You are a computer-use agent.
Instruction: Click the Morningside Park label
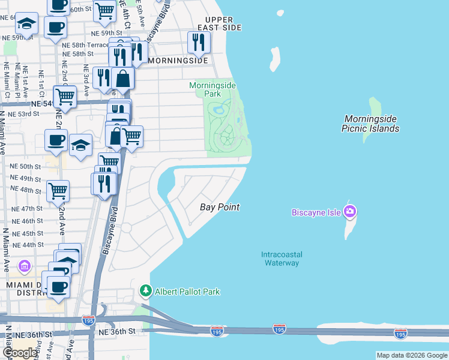tap(212, 90)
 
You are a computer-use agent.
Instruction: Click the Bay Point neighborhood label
tap(220, 207)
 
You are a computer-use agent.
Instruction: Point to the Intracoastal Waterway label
tap(280, 259)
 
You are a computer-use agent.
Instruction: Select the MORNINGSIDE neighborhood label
tap(178, 61)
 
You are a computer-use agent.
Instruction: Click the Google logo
tap(19, 352)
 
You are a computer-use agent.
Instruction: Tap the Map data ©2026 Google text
tap(412, 355)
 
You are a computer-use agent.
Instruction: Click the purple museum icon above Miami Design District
tap(25, 266)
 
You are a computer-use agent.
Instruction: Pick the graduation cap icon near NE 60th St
tap(26, 24)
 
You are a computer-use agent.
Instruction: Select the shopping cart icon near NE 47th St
tap(58, 191)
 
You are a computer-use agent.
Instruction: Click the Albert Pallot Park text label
tap(188, 292)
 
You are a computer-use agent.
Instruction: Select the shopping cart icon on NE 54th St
tap(65, 96)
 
